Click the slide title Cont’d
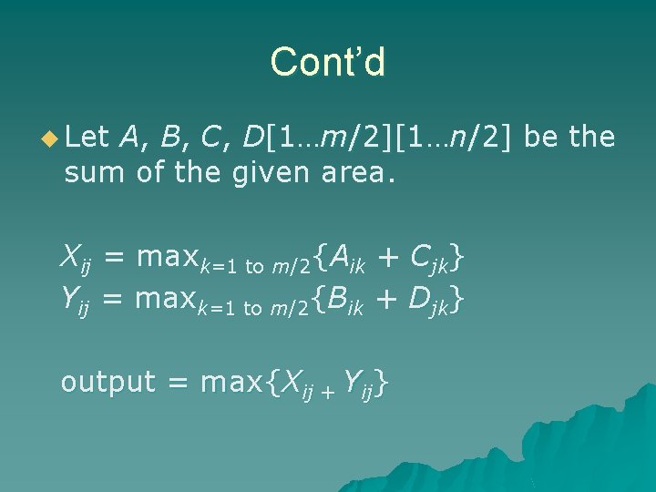328,62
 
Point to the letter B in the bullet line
169,138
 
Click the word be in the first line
552,138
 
